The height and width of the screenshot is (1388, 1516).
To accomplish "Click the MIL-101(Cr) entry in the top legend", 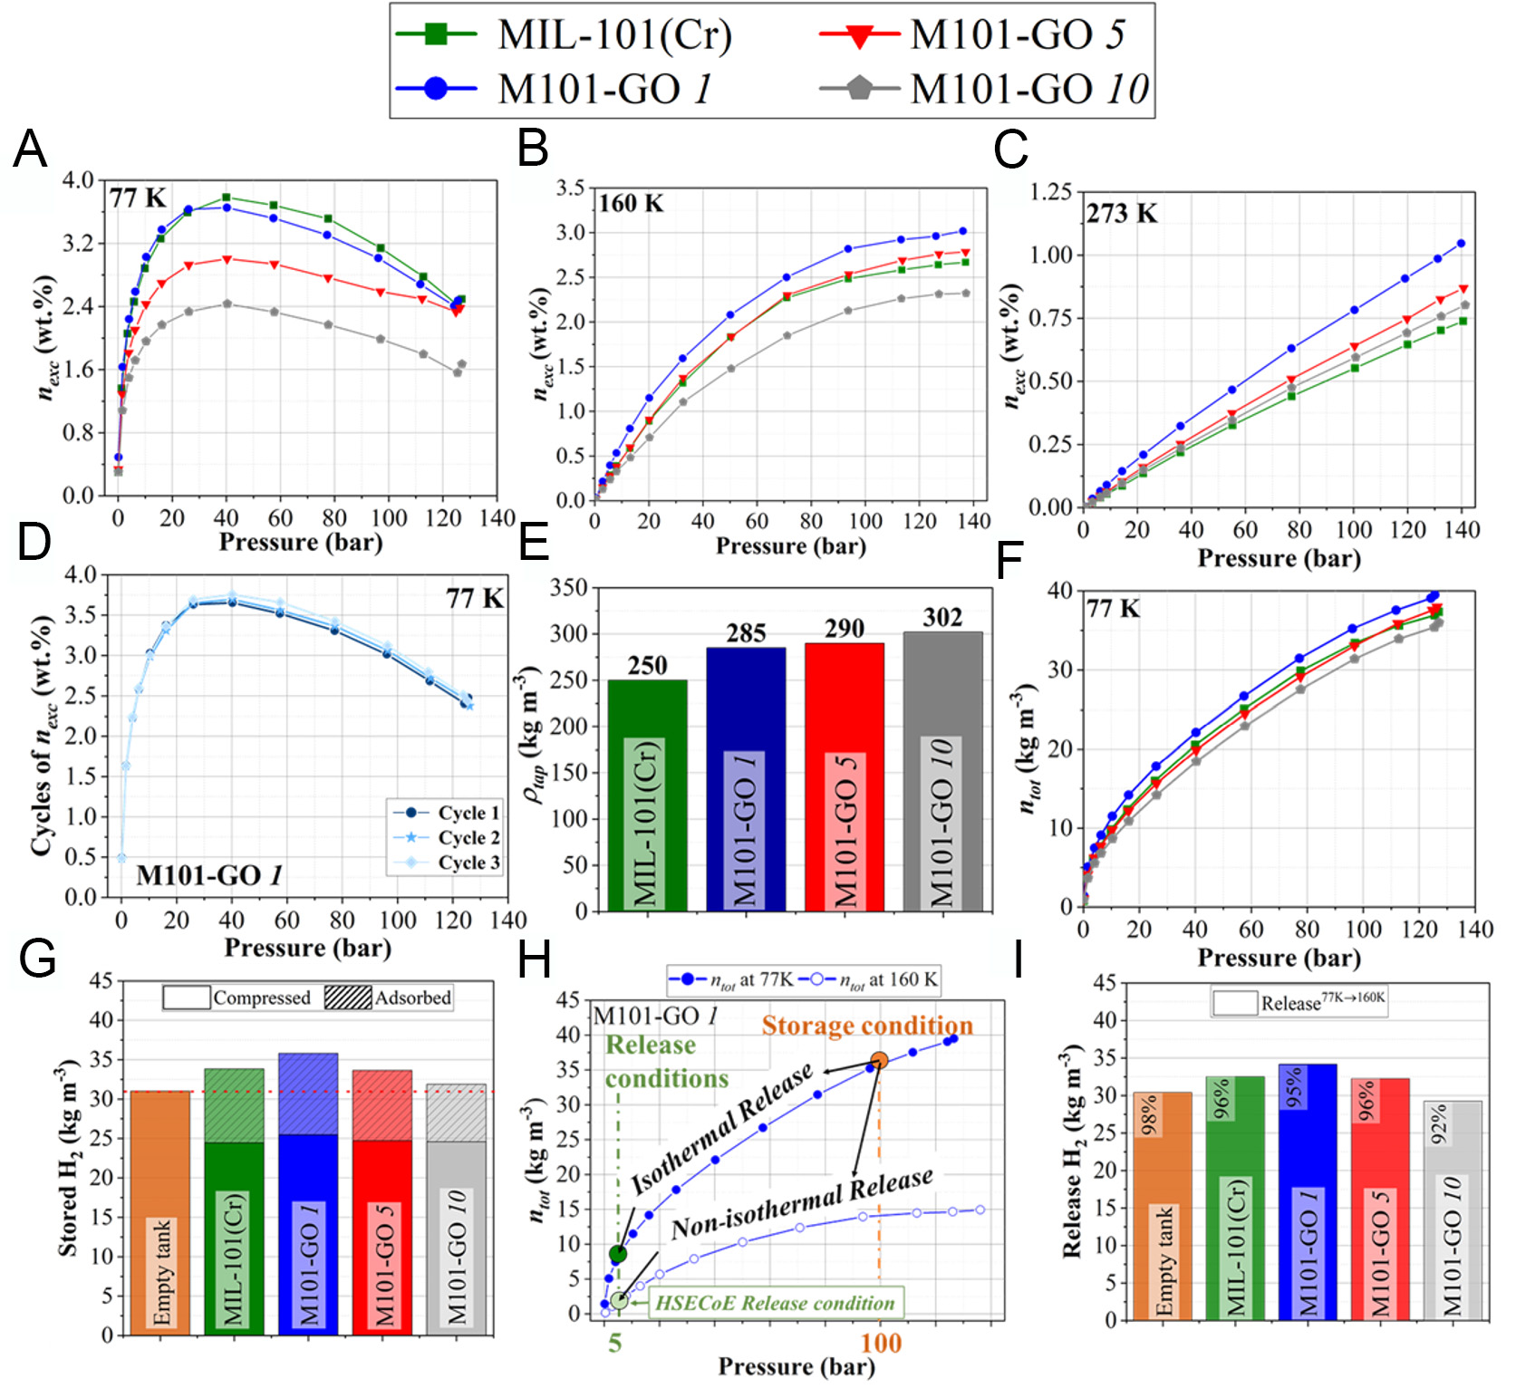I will pyautogui.click(x=614, y=34).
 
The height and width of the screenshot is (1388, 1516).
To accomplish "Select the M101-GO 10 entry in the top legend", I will pyautogui.click(x=1028, y=89).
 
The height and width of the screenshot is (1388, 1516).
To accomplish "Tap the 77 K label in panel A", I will pyautogui.click(x=138, y=198).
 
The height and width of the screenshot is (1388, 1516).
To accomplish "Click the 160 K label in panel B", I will pyautogui.click(x=631, y=203).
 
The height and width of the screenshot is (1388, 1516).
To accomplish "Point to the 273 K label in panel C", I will pyautogui.click(x=1122, y=214).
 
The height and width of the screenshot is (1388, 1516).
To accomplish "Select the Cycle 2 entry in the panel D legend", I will pyautogui.click(x=468, y=837).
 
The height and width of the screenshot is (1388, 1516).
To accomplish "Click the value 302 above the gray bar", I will pyautogui.click(x=942, y=618).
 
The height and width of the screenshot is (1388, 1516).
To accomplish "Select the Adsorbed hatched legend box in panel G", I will pyautogui.click(x=348, y=998).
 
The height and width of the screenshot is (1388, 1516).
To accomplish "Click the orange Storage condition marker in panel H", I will pyautogui.click(x=879, y=1060).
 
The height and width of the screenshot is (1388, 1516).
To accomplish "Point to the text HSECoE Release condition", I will pyautogui.click(x=775, y=1303).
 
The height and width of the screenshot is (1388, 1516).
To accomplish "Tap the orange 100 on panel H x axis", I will pyautogui.click(x=880, y=1343).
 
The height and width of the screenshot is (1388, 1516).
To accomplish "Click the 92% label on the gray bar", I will pyautogui.click(x=1439, y=1123).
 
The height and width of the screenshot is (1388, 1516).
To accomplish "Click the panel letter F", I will pyautogui.click(x=1009, y=561).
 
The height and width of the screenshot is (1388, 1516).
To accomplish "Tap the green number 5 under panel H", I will pyautogui.click(x=615, y=1343).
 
